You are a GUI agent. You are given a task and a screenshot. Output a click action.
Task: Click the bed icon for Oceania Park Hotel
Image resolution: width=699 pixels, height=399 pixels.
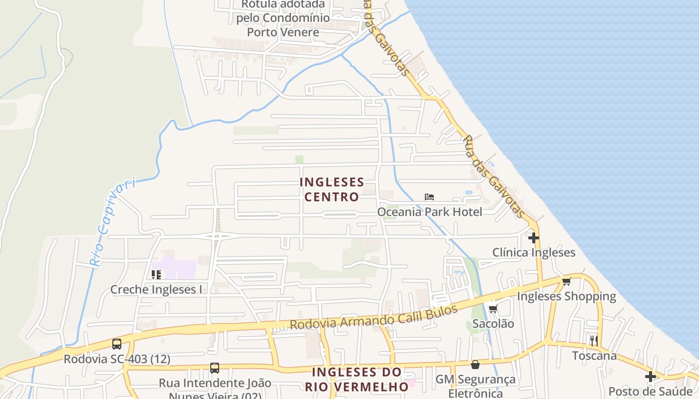click(x=429, y=197)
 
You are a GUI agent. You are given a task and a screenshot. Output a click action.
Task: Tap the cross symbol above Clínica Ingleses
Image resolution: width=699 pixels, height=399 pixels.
click(x=534, y=238)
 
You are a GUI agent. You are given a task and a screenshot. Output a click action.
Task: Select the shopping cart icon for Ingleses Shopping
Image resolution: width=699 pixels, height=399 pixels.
click(x=566, y=281)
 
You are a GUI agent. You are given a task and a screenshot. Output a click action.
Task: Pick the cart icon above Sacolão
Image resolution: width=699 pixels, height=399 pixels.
click(x=493, y=309)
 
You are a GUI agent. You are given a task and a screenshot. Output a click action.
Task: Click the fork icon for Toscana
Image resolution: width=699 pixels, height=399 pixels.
click(x=594, y=341)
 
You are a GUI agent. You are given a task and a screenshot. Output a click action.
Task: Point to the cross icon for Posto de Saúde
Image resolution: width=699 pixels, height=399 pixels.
click(x=650, y=377)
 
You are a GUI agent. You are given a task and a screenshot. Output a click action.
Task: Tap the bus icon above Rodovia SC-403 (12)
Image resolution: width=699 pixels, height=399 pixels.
click(x=117, y=344)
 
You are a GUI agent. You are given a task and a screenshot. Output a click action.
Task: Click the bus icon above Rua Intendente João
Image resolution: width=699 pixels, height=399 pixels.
click(x=215, y=368)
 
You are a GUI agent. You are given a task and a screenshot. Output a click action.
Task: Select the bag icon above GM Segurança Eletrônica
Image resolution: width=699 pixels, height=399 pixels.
click(x=475, y=365)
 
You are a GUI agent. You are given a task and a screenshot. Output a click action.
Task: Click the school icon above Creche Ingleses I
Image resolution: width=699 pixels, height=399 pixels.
click(x=156, y=274)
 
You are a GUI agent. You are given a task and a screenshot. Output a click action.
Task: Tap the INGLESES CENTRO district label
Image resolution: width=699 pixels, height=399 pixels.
click(x=332, y=189)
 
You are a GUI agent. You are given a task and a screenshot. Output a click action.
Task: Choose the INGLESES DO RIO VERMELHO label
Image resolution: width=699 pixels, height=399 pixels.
click(x=356, y=379)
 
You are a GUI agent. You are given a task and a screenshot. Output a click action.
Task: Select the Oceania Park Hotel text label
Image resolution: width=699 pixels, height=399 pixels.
click(x=429, y=212)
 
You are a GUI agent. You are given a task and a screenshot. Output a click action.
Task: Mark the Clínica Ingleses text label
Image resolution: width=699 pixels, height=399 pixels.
click(x=534, y=252)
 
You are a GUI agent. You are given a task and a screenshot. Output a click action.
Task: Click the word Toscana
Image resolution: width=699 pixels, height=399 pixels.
click(x=594, y=356)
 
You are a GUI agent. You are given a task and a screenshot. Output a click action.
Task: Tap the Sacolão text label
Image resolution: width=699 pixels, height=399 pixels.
click(x=493, y=324)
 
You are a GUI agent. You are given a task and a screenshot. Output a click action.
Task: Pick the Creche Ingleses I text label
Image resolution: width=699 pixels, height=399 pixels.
click(x=156, y=289)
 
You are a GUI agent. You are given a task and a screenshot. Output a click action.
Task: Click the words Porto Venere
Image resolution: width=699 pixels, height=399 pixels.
click(x=283, y=32)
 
